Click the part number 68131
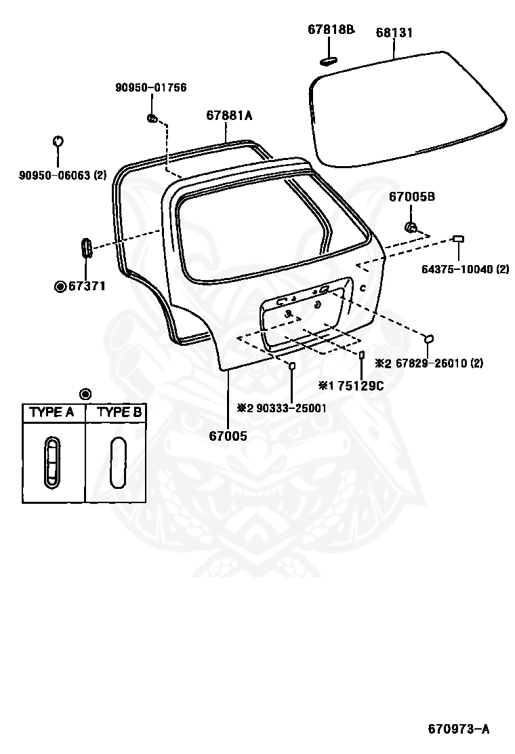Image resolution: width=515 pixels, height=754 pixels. point(394,33)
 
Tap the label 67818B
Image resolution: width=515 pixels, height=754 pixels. point(331,29)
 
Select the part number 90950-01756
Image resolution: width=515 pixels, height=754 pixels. point(150,87)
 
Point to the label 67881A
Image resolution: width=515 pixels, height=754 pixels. point(229,116)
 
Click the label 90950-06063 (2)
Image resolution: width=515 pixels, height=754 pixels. point(62,175)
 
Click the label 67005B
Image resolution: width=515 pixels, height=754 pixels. point(411,197)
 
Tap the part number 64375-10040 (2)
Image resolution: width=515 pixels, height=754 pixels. point(465,269)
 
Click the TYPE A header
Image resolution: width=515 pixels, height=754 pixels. point(52,412)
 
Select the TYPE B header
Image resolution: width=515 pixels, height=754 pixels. point(119,412)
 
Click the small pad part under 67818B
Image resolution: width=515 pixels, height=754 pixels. point(328,60)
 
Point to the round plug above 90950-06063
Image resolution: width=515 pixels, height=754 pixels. point(58,141)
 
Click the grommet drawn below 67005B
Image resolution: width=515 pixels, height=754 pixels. point(410,225)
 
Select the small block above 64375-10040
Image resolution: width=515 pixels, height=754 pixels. point(459,238)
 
